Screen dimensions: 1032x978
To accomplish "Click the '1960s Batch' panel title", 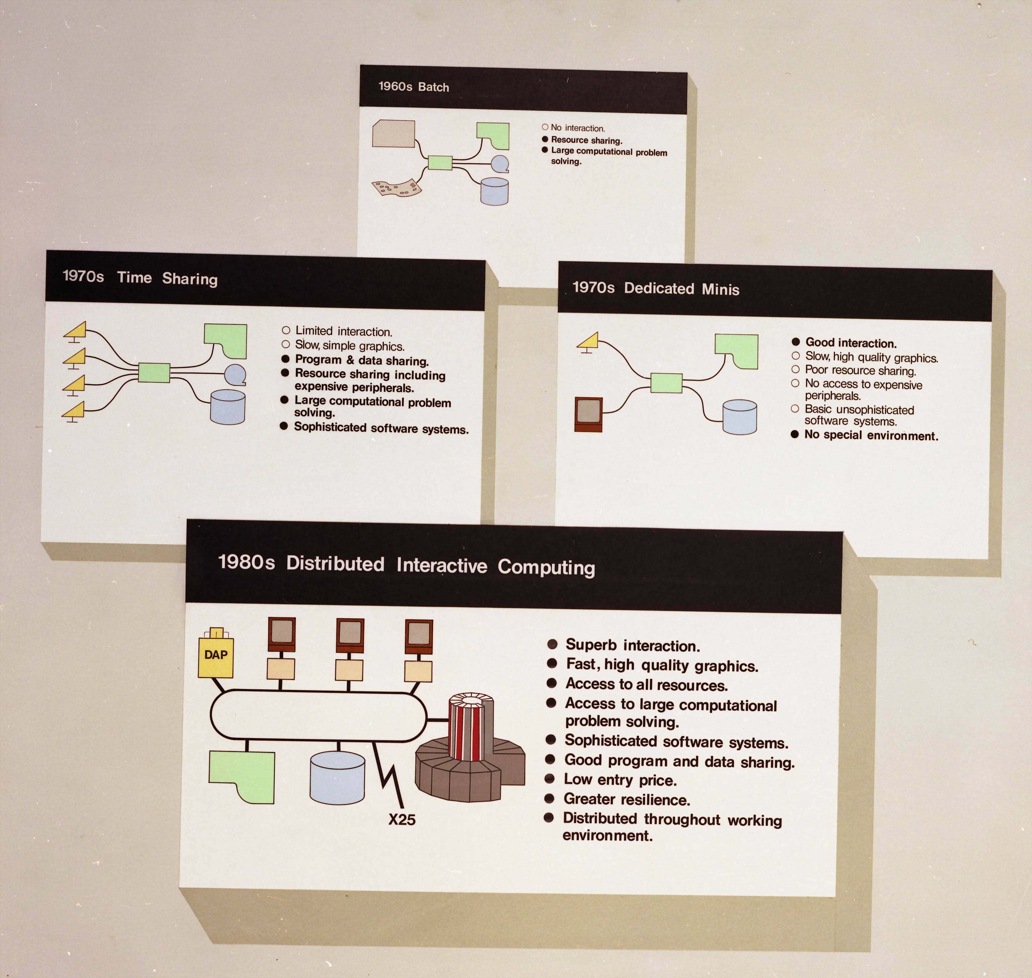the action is [413, 87].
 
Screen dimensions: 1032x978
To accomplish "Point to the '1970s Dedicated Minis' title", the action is [655, 288].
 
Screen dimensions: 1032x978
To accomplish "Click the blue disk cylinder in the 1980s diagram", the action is [337, 778].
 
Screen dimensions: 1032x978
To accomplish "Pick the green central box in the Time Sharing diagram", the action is [154, 373].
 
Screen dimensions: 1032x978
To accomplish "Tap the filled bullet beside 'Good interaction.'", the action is [796, 342].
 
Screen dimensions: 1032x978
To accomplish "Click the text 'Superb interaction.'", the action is [633, 645].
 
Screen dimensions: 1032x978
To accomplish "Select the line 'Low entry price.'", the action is [620, 780].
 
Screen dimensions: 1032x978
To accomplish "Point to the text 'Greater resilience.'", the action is [627, 799].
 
